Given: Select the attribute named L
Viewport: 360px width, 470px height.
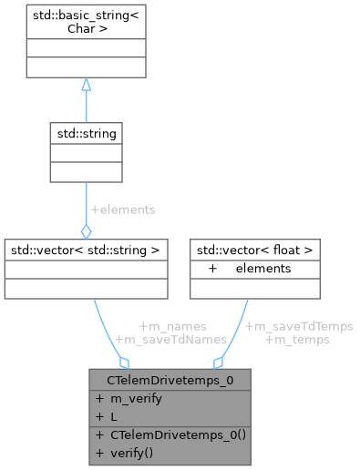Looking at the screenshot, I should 115,414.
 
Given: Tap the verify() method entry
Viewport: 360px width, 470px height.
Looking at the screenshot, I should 135,453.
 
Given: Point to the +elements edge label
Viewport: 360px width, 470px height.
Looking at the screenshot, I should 122,209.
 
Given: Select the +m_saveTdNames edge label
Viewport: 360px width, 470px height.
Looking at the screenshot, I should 170,339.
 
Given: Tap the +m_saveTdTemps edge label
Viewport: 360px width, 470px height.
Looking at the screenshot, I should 299,325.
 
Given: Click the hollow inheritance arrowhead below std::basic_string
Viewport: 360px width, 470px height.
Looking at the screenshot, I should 85,84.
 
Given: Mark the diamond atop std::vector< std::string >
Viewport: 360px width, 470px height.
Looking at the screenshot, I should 85,230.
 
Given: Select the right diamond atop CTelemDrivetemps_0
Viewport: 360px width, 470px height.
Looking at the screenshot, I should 218,362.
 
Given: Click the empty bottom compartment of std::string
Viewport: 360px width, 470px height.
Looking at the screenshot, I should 85,171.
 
